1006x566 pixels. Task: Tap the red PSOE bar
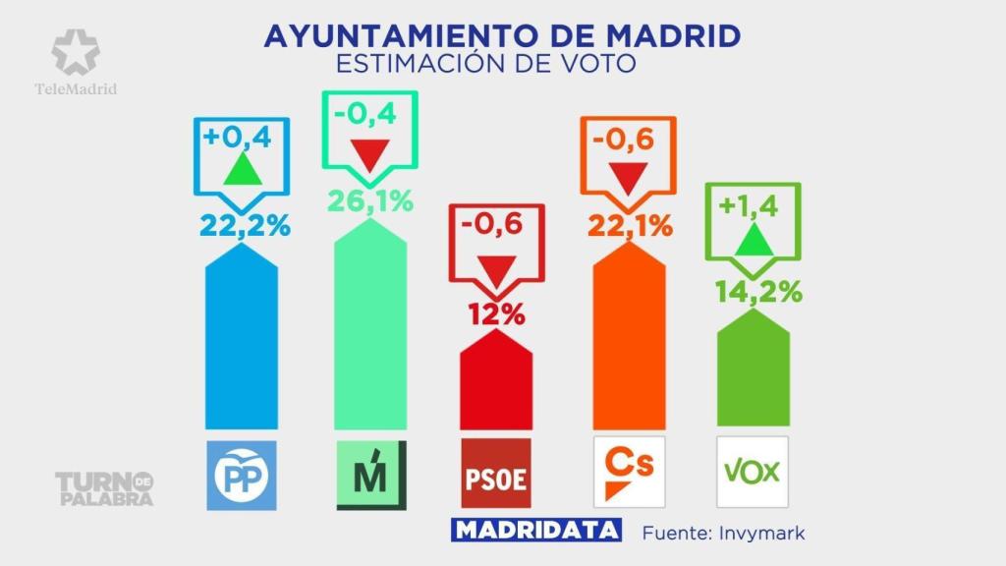[x=496, y=383]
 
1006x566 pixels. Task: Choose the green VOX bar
[x=754, y=378]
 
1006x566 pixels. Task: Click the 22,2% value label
[x=245, y=225]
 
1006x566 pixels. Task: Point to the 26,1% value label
[x=369, y=201]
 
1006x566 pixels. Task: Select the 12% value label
[x=496, y=315]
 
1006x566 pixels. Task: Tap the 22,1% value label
[x=630, y=227]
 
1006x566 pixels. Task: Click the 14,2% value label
[x=754, y=292]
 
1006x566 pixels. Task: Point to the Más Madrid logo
[x=370, y=475]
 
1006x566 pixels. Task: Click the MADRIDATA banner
[x=536, y=532]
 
